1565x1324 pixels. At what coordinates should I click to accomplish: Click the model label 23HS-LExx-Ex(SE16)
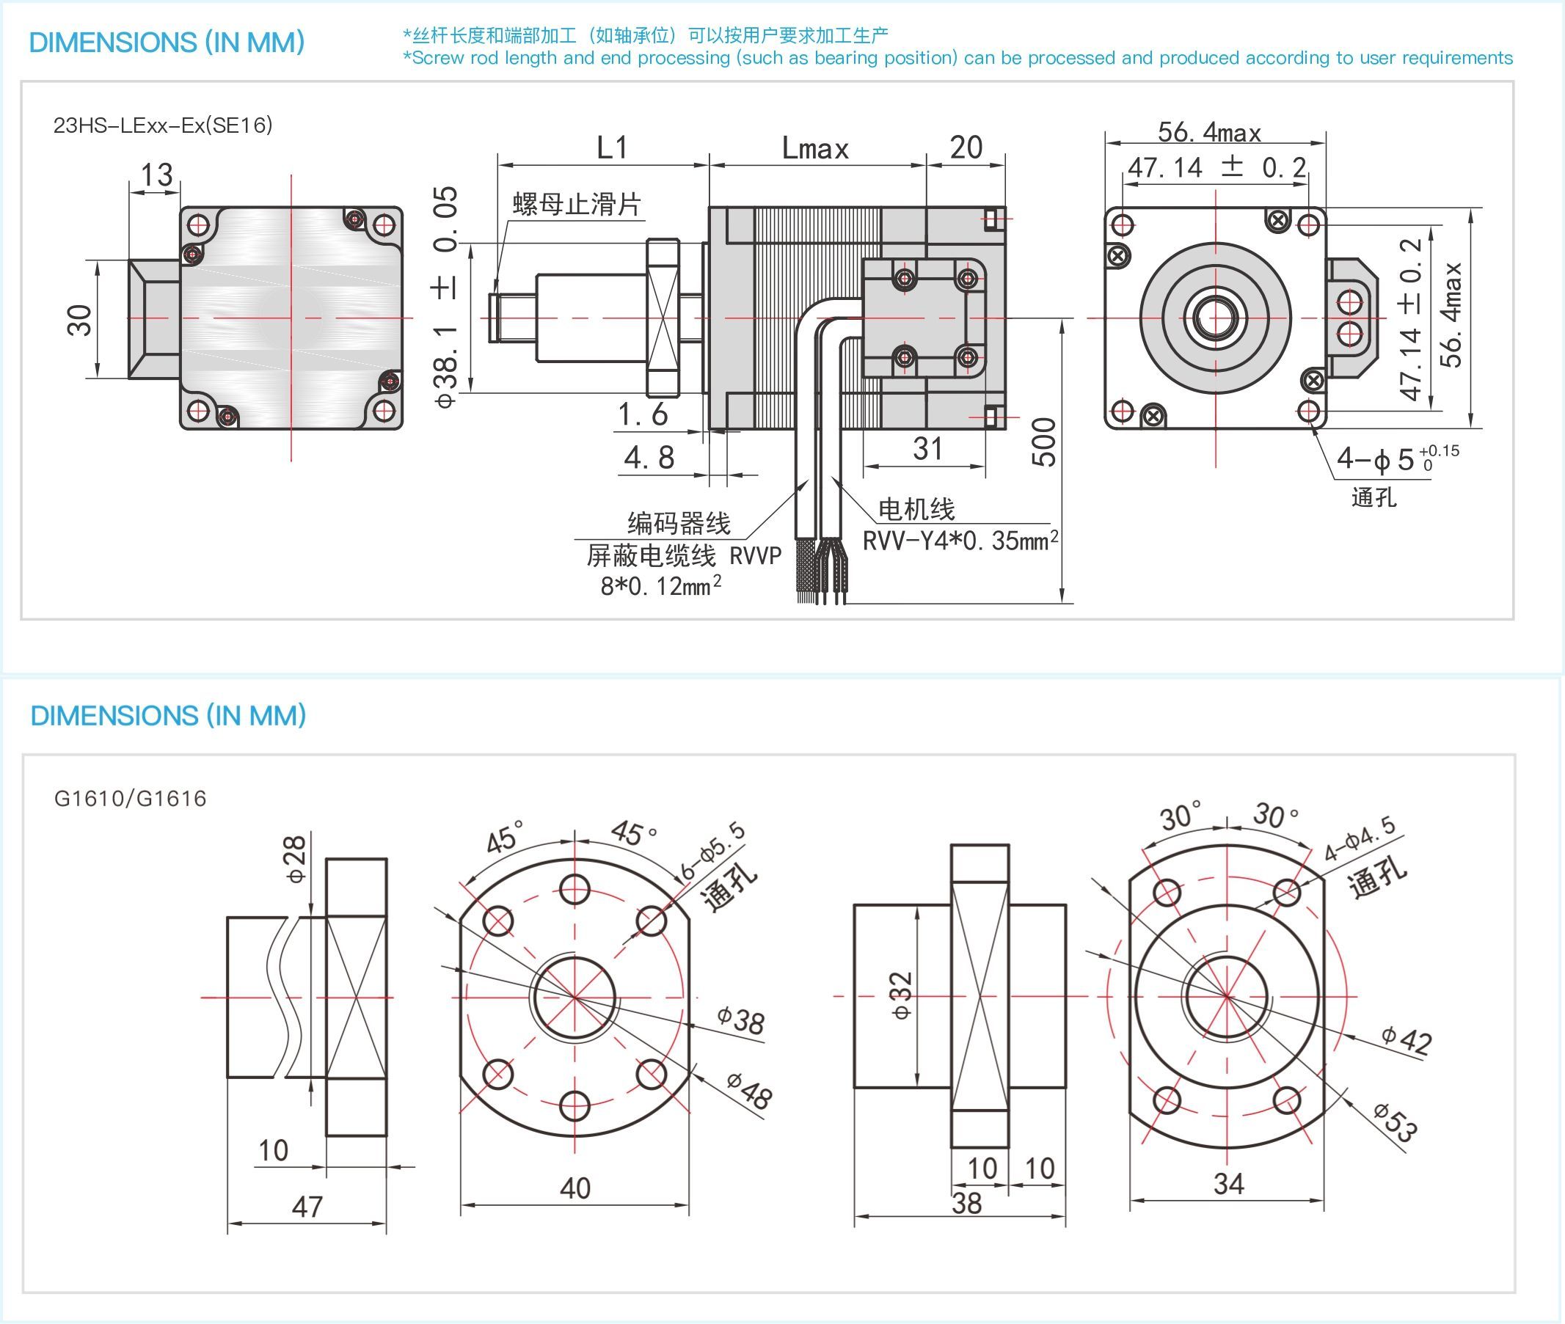tap(162, 125)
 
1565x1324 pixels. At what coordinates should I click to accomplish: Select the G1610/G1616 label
tap(130, 799)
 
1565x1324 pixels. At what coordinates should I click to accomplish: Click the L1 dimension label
tap(612, 148)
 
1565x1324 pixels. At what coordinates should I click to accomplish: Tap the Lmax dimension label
tap(815, 149)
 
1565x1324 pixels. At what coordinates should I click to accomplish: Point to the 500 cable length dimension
tap(1044, 443)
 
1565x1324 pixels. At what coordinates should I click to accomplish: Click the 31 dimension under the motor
tap(927, 449)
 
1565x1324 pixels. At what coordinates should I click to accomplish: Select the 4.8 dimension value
tap(649, 458)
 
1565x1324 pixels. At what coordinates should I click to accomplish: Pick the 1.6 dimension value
tap(643, 414)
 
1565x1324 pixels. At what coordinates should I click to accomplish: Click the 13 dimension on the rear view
tap(157, 175)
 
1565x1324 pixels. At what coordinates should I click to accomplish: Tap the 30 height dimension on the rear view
tap(79, 321)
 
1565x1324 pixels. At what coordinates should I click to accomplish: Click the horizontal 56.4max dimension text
tap(1209, 133)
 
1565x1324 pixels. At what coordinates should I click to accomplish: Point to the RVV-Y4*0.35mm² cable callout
tap(960, 541)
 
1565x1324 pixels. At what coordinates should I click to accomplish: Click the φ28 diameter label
tap(296, 859)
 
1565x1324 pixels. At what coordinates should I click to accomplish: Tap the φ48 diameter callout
tap(749, 1092)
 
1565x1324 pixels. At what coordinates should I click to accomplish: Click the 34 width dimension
tap(1229, 1185)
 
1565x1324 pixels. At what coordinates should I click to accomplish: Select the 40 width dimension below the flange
tap(575, 1189)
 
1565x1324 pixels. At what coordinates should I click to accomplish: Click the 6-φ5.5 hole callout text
tap(713, 850)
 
